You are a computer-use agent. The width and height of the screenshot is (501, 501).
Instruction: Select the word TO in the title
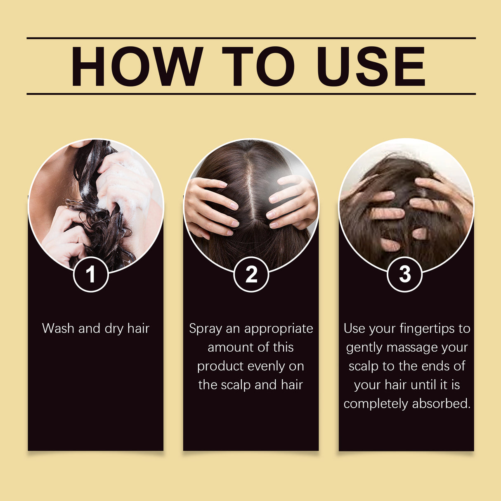[x=258, y=67]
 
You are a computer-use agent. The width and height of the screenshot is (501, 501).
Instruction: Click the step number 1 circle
[x=91, y=274]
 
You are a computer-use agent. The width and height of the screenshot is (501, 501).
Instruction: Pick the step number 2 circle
[x=251, y=274]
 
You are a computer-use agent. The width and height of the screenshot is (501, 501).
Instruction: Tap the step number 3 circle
[x=405, y=274]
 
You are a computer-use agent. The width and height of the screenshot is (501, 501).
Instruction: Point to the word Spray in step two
[x=205, y=329]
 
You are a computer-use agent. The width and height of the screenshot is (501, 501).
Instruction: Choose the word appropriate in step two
[x=279, y=329]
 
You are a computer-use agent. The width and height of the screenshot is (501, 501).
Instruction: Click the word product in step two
[x=220, y=366]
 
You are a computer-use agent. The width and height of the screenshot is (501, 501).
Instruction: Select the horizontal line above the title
[x=251, y=38]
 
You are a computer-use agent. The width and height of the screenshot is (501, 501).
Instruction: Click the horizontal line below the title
[x=251, y=94]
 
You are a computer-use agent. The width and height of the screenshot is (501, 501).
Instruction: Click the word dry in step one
[x=114, y=329]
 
